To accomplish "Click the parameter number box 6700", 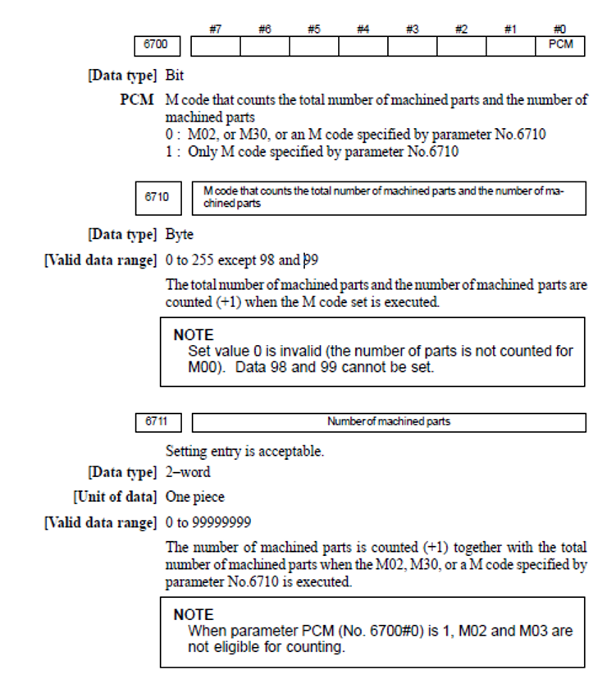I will [x=157, y=46].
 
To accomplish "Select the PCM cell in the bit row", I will [x=560, y=46].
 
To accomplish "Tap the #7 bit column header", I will [x=215, y=30].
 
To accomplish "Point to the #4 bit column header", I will [x=363, y=30].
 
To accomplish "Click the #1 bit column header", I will [x=510, y=30].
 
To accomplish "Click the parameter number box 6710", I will [x=157, y=198].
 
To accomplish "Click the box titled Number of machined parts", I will [x=389, y=422].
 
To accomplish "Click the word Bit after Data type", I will [x=175, y=76].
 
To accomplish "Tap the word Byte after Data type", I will [x=180, y=235].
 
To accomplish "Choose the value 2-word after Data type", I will [x=188, y=472].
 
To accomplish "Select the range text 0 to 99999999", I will [x=208, y=522].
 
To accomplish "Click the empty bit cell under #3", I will [x=412, y=46].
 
